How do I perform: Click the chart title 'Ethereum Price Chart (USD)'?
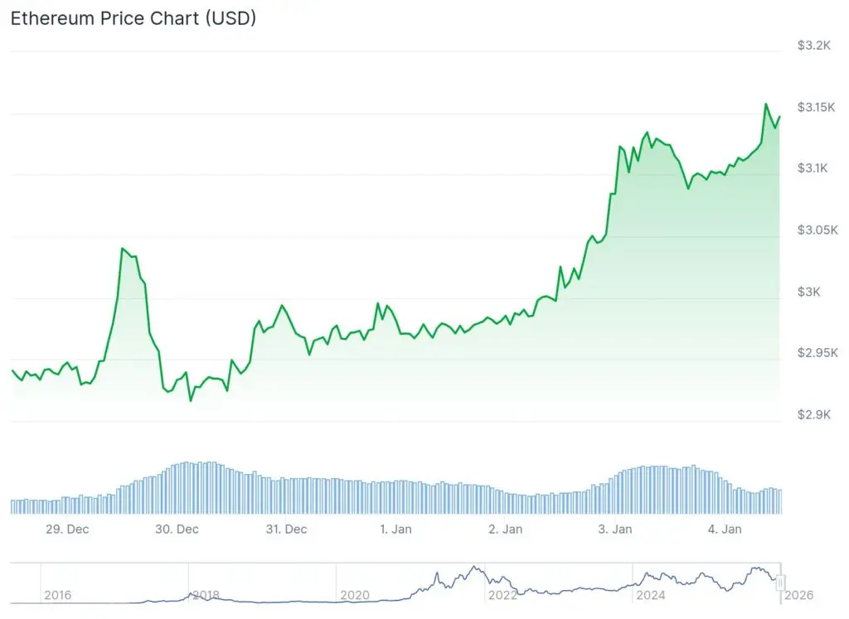[x=133, y=18]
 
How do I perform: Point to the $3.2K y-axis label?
[x=814, y=46]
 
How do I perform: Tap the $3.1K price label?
[x=814, y=168]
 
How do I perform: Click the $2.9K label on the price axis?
[x=814, y=414]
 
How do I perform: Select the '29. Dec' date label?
[x=67, y=530]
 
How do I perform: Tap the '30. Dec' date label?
[x=177, y=530]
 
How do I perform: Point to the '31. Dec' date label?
[x=285, y=530]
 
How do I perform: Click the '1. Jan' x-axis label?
[x=395, y=530]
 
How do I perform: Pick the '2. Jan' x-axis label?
[x=505, y=530]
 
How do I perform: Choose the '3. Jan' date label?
[x=614, y=530]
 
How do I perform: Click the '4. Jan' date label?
[x=724, y=530]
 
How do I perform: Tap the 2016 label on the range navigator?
[x=57, y=595]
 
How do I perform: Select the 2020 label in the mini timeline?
[x=355, y=595]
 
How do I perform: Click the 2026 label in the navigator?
[x=798, y=595]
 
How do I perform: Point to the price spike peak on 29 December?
[x=122, y=249]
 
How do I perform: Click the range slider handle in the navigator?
[x=780, y=583]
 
